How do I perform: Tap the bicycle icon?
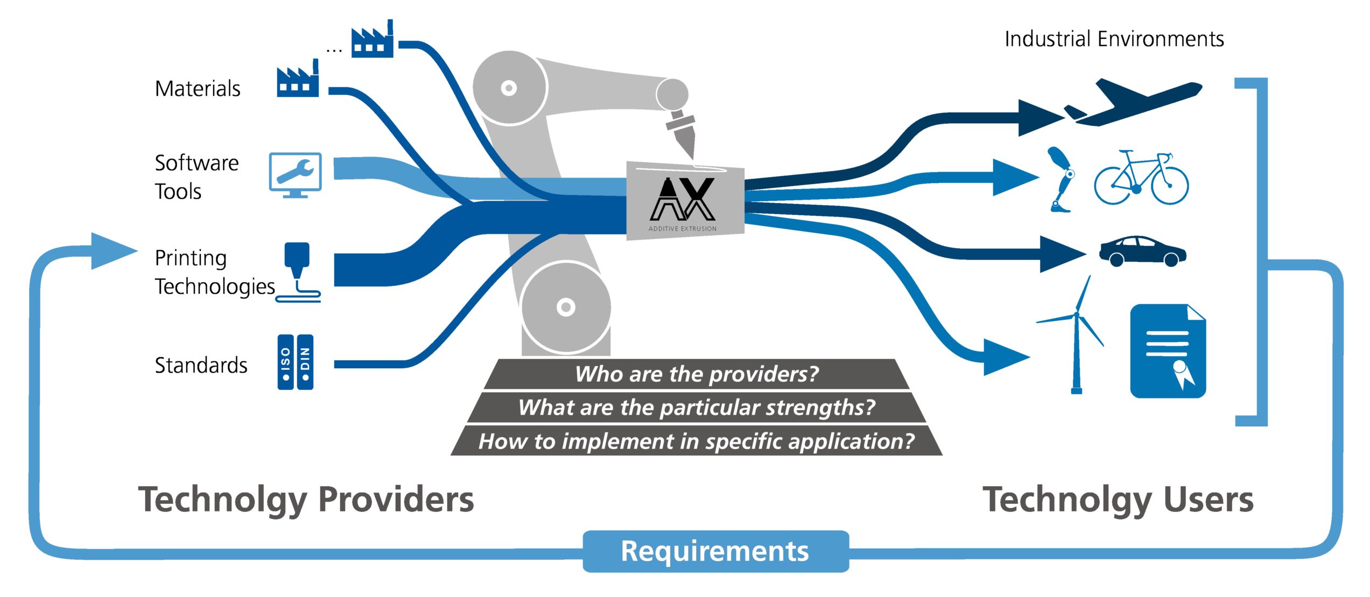pyautogui.click(x=1141, y=178)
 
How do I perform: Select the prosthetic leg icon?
pyautogui.click(x=1061, y=180)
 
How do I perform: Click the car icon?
pyautogui.click(x=1142, y=251)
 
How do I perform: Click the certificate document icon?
pyautogui.click(x=1167, y=351)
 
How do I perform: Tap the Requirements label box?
pyautogui.click(x=715, y=551)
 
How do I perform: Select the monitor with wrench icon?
pyautogui.click(x=295, y=174)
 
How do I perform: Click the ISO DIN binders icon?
pyautogui.click(x=295, y=362)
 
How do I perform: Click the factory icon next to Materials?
pyautogui.click(x=298, y=81)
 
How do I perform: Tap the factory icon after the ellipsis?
pyautogui.click(x=372, y=40)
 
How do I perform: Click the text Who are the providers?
pyautogui.click(x=696, y=374)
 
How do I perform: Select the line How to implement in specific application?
pyautogui.click(x=696, y=441)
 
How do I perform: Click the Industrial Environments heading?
pyautogui.click(x=1114, y=39)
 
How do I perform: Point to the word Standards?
pyautogui.click(x=201, y=366)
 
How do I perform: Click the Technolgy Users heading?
pyautogui.click(x=1118, y=500)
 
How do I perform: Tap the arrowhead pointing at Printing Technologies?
pyautogui.click(x=113, y=251)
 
